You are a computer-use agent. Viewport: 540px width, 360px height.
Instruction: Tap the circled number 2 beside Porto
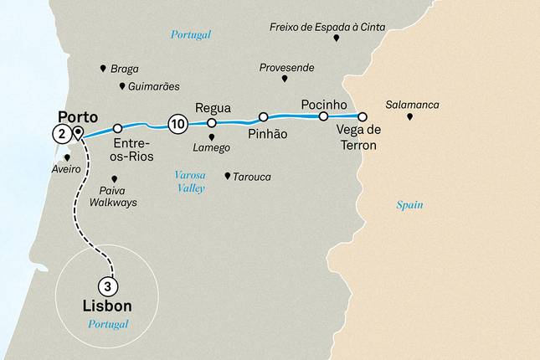pyautogui.click(x=60, y=133)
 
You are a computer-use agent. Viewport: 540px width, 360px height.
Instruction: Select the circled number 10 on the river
pyautogui.click(x=177, y=124)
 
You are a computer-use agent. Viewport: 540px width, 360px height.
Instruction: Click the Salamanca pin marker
pyautogui.click(x=409, y=116)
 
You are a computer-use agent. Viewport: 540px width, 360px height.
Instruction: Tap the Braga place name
pyautogui.click(x=124, y=69)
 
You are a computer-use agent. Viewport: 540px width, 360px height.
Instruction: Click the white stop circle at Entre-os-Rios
pyautogui.click(x=118, y=128)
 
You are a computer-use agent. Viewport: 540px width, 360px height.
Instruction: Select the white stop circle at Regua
pyautogui.click(x=212, y=123)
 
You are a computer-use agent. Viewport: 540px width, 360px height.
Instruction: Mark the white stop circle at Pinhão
pyautogui.click(x=263, y=116)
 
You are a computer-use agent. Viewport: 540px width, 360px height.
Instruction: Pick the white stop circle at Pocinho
pyautogui.click(x=323, y=116)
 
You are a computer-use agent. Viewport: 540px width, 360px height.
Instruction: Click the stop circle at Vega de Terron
pyautogui.click(x=363, y=116)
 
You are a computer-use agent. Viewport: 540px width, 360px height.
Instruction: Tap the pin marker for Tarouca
pyautogui.click(x=228, y=176)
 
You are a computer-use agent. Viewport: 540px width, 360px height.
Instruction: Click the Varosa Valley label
pyautogui.click(x=188, y=182)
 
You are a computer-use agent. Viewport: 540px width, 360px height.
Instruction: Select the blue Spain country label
pyautogui.click(x=409, y=204)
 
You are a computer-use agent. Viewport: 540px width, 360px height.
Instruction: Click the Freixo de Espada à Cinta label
pyautogui.click(x=327, y=27)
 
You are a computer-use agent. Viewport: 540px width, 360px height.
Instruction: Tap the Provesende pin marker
pyautogui.click(x=285, y=79)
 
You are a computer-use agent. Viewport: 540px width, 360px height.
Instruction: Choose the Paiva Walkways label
pyautogui.click(x=116, y=197)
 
